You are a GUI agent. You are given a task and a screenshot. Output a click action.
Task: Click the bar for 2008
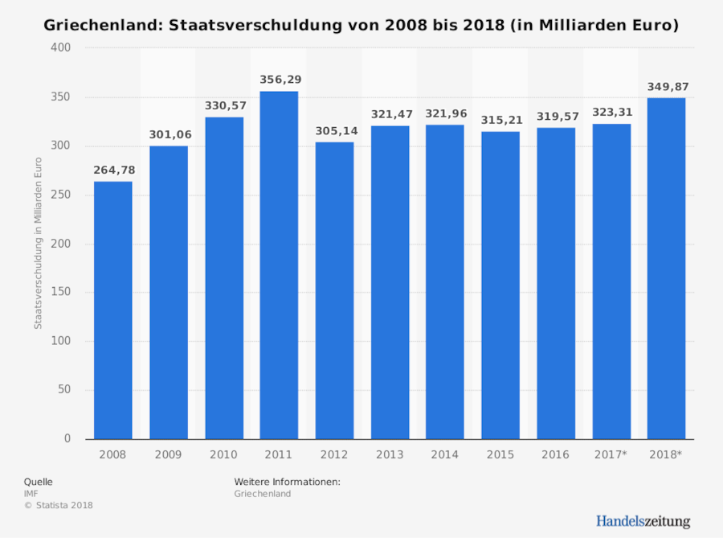coord(113,310)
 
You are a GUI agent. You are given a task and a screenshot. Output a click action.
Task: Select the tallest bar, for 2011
coord(279,265)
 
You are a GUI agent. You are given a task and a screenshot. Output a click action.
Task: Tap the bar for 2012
coord(334,290)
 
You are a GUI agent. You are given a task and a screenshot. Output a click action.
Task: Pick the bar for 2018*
coord(666,269)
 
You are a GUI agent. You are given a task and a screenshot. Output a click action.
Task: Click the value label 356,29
coord(280,80)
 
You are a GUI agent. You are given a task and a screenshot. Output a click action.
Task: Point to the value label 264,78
coord(115,169)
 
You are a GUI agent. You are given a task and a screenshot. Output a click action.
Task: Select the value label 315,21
coord(501,120)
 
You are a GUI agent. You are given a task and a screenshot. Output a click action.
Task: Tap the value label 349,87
coord(668,86)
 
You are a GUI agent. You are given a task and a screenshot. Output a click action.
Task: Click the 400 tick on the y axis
coord(62,48)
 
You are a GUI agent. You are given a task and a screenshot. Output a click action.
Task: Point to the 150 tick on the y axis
coord(62,293)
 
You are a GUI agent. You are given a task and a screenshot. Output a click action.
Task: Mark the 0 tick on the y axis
coord(67,439)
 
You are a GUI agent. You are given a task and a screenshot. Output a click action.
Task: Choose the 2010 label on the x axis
coord(223,454)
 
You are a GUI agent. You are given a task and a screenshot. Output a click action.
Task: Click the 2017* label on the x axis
coord(611,454)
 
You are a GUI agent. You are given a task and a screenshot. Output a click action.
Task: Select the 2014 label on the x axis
coord(444,454)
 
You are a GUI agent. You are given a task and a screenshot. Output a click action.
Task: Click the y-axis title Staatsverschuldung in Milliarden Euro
coord(38,244)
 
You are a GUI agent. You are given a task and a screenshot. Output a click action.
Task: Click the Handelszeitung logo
coord(643,521)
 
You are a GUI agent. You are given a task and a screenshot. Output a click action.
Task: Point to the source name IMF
coord(31,493)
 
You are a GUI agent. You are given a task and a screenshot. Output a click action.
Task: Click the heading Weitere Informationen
coord(288,481)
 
